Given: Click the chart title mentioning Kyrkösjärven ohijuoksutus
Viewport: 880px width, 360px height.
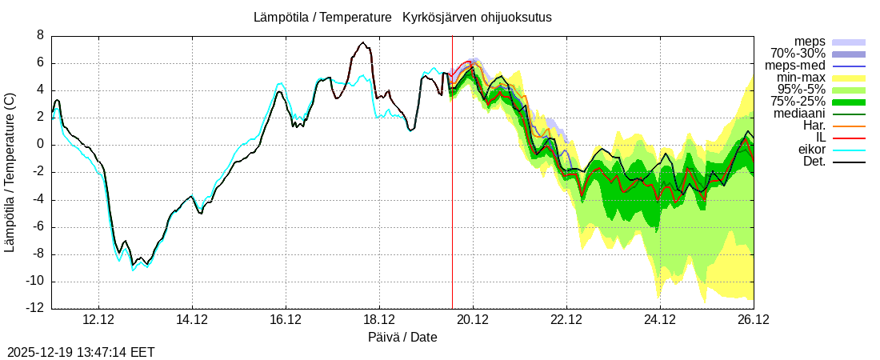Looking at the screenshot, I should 402,17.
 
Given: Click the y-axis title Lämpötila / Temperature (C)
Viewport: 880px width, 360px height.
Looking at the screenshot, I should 10,172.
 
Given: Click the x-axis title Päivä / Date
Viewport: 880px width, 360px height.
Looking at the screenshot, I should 402,337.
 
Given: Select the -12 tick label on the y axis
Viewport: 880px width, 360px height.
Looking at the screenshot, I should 35,309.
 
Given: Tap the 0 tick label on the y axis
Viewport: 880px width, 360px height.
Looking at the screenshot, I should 40,145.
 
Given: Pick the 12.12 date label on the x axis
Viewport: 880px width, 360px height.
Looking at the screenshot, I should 98,319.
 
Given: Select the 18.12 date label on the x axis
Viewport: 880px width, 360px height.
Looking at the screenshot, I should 379,319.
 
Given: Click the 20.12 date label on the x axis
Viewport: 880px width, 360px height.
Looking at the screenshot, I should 473,319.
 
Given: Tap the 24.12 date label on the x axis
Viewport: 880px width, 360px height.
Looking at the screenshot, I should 660,319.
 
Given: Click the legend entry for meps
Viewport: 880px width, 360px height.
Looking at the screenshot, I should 810,42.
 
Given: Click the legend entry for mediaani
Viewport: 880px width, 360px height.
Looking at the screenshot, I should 799,114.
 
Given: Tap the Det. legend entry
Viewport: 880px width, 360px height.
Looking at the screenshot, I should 813,162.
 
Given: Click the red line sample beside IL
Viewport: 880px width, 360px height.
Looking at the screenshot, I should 849,138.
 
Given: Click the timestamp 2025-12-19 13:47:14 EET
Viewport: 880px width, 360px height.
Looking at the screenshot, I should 81,352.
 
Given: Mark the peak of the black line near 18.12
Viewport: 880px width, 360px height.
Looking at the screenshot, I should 362,42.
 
